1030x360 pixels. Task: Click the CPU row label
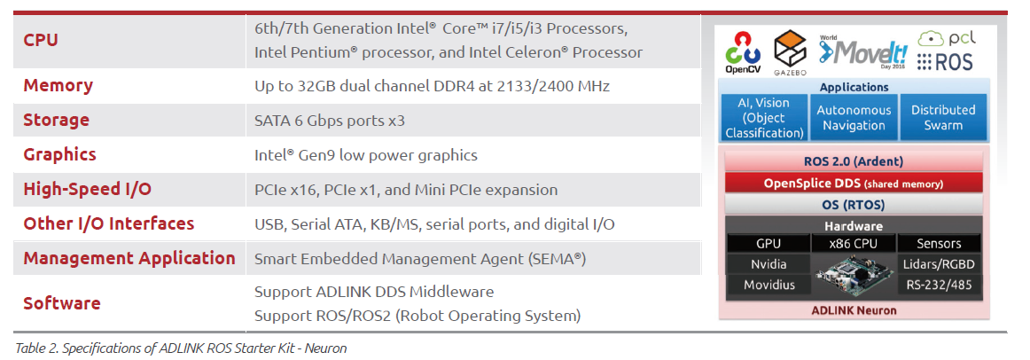[41, 40]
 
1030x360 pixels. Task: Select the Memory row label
[59, 86]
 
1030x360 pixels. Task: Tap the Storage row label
[56, 121]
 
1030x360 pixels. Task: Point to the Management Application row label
[129, 258]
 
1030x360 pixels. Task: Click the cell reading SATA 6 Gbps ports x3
[329, 121]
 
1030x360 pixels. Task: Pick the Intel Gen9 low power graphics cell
[366, 155]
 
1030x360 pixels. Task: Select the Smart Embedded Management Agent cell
[420, 259]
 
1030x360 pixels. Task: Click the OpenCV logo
[743, 52]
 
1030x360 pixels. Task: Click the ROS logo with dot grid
[945, 62]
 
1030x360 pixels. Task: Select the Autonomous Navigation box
[854, 118]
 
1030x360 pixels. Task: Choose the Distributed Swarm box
[943, 118]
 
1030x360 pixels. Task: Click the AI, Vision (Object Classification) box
[765, 118]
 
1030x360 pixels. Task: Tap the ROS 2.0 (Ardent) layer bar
[854, 161]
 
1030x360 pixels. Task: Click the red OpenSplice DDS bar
[854, 184]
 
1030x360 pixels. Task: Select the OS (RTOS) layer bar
[854, 205]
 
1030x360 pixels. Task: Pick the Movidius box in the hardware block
[769, 285]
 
